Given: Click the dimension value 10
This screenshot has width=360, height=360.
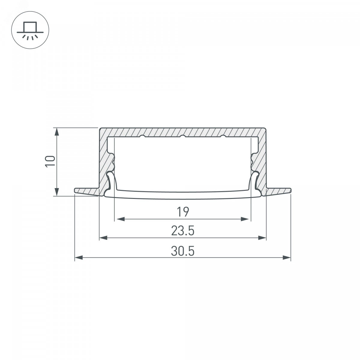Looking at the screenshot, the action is click(50, 161).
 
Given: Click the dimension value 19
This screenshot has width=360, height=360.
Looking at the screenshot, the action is click(183, 212).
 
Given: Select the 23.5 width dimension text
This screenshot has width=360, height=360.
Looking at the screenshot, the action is click(183, 231).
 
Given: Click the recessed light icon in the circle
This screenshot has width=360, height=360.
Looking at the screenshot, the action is click(30, 30).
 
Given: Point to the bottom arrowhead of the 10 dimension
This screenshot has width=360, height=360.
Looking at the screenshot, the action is click(57, 192).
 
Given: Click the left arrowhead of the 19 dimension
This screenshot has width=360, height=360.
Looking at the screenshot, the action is click(121, 219).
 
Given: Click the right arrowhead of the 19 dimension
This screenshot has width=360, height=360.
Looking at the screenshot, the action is click(245, 219).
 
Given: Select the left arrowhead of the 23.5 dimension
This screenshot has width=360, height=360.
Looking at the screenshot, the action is click(103, 238).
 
